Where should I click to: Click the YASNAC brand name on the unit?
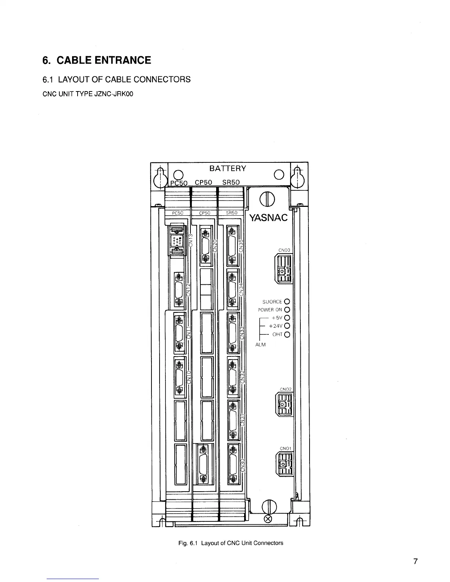pyautogui.click(x=268, y=218)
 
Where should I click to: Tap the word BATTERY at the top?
pyautogui.click(x=228, y=169)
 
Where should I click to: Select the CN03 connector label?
pyautogui.click(x=285, y=250)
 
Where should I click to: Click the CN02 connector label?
pyautogui.click(x=286, y=389)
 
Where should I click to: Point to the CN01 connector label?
pyautogui.click(x=286, y=448)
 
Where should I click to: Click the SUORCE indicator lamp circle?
pyautogui.click(x=287, y=302)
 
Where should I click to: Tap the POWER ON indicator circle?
pyautogui.click(x=287, y=310)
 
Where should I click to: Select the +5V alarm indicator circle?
pyautogui.click(x=287, y=318)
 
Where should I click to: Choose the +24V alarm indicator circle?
pyautogui.click(x=287, y=326)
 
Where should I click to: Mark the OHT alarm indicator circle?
pyautogui.click(x=287, y=334)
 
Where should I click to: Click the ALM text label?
pyautogui.click(x=260, y=345)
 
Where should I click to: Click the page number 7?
pyautogui.click(x=415, y=561)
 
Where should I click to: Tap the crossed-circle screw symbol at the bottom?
pyautogui.click(x=268, y=519)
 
